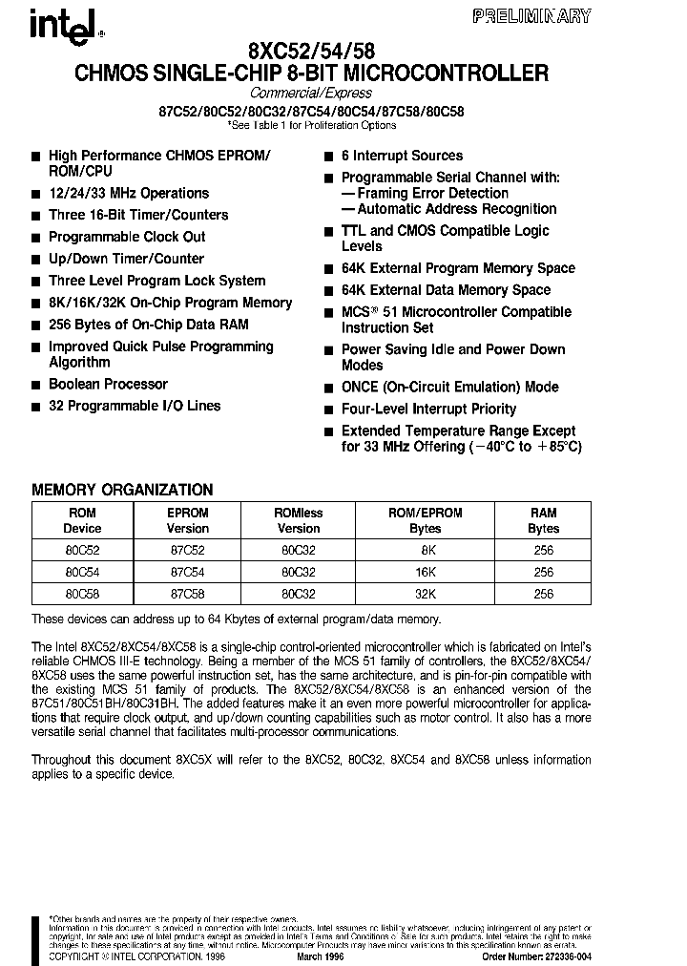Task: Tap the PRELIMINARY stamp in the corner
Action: tap(545, 16)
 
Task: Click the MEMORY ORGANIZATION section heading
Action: tap(122, 490)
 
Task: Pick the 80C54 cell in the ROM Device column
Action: tap(82, 572)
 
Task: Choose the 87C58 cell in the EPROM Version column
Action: tap(188, 594)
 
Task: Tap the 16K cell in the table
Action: tap(425, 572)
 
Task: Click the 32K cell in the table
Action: tap(425, 594)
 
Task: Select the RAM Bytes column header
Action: tap(543, 520)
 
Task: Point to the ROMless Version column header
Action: tap(299, 520)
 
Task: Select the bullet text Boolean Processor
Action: tap(108, 384)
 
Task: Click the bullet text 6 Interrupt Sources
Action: tap(402, 156)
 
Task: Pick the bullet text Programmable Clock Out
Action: tap(127, 237)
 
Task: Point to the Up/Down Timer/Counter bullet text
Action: tap(126, 259)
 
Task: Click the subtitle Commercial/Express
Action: tap(311, 94)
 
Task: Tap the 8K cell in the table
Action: tap(425, 550)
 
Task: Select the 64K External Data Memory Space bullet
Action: tap(446, 290)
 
